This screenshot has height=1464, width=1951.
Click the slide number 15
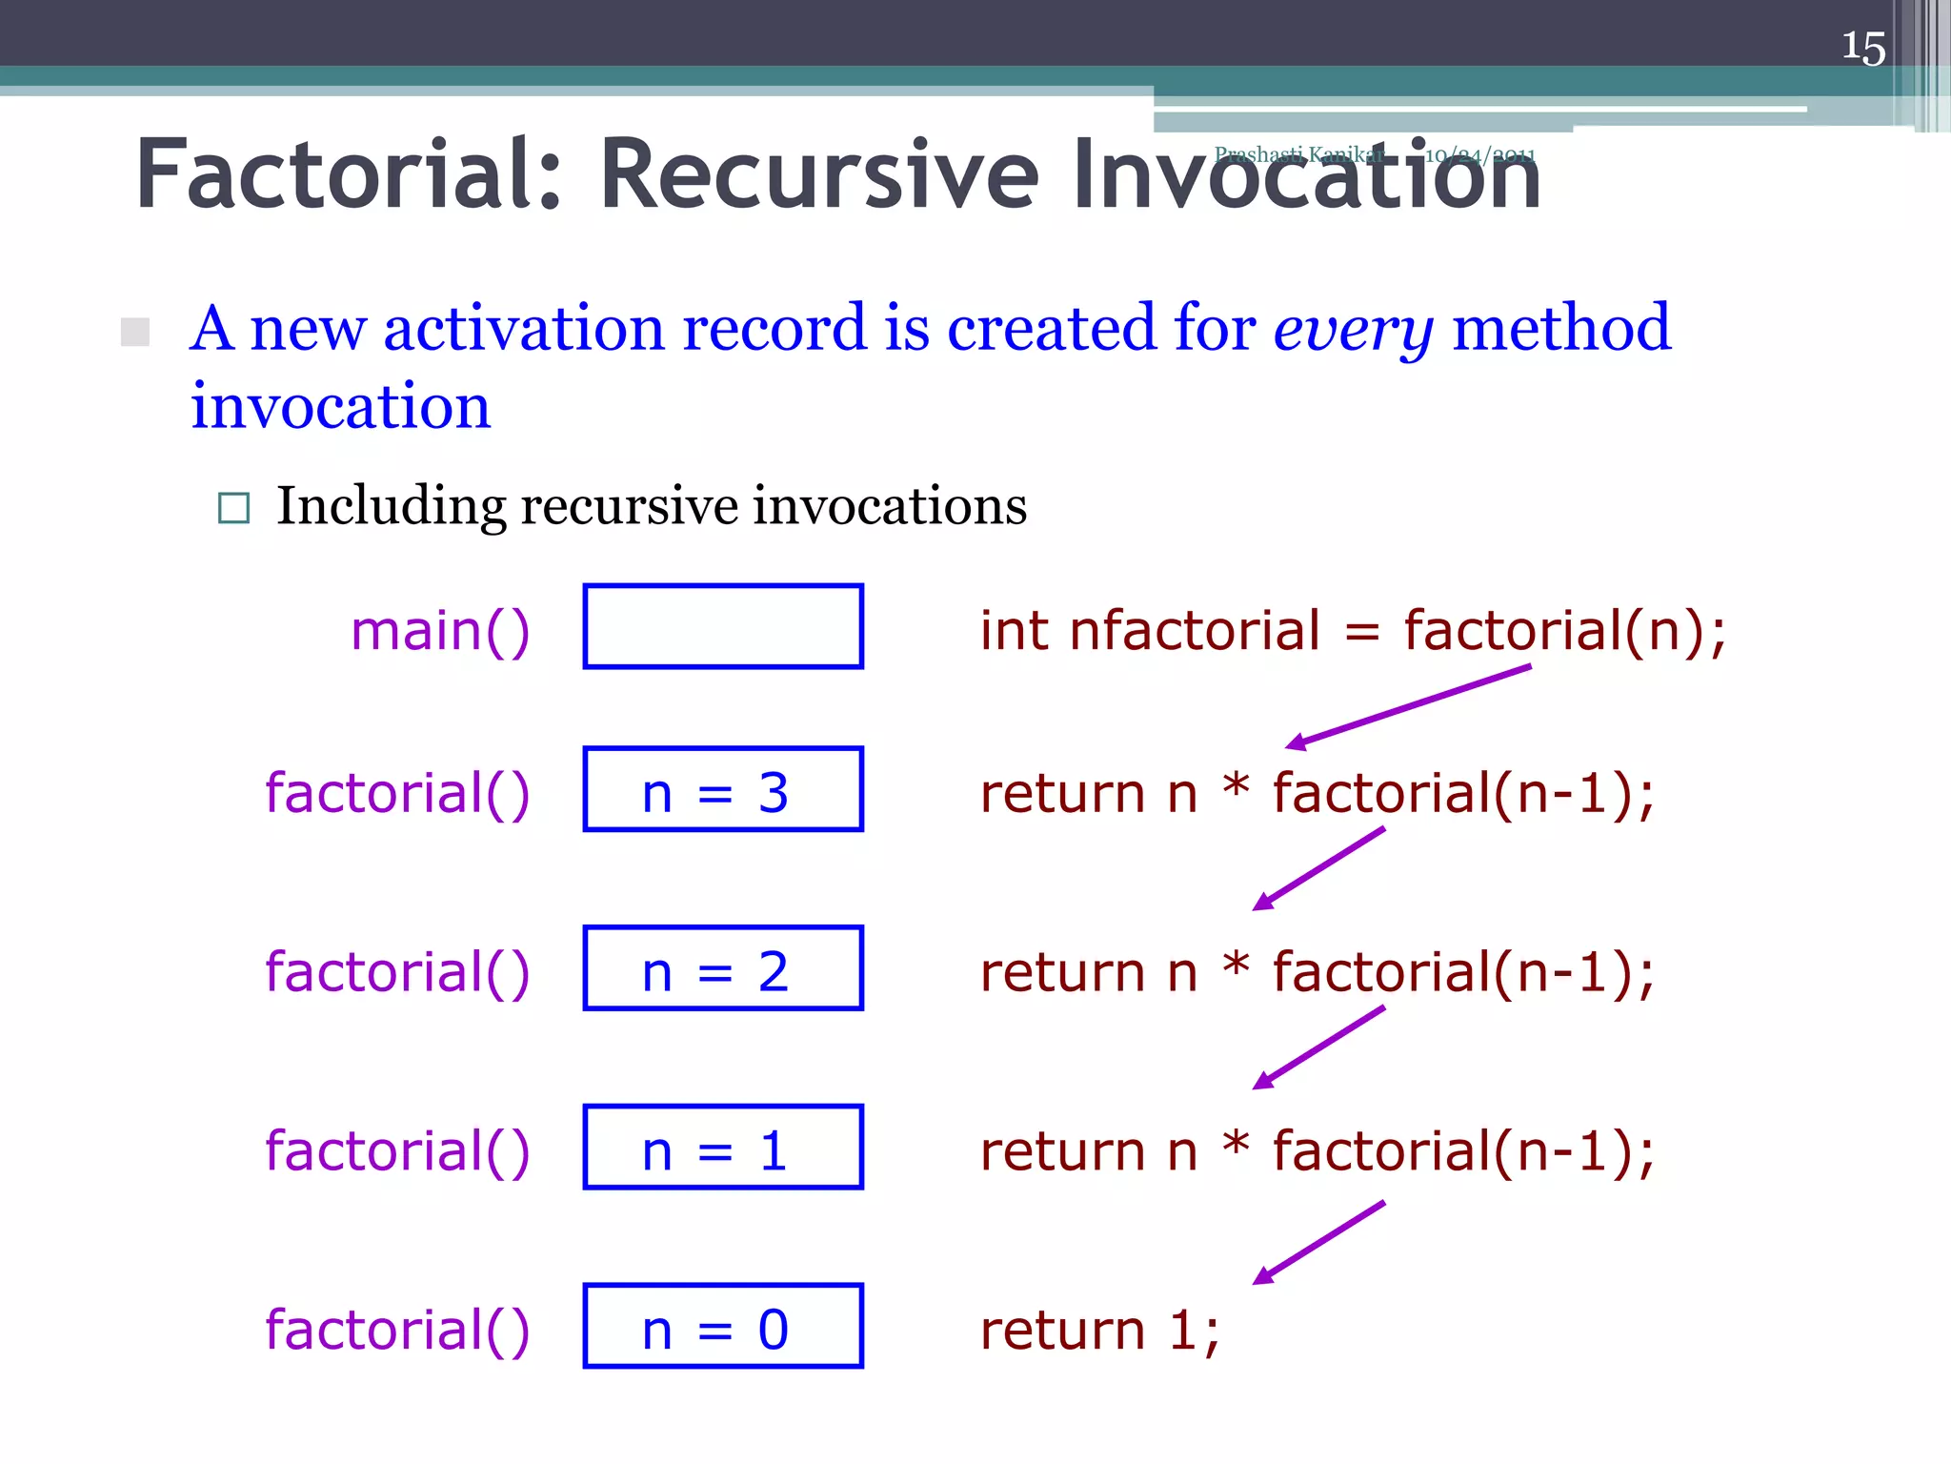[1862, 48]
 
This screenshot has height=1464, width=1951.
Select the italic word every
[1353, 329]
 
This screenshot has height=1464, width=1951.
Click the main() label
[440, 631]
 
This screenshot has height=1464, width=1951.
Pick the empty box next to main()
[723, 626]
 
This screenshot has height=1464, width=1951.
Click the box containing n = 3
[723, 790]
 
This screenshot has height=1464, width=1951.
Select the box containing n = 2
[723, 968]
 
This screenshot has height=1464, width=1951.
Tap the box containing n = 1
[723, 1147]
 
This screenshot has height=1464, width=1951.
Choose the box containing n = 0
[723, 1326]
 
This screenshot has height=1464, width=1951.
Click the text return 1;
[1099, 1330]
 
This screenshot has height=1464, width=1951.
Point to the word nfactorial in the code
[1195, 631]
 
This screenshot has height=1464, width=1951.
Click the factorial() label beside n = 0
[397, 1330]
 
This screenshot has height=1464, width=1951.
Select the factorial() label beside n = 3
[397, 793]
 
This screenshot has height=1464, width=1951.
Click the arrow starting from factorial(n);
[1408, 706]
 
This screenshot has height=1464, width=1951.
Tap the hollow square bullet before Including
[233, 508]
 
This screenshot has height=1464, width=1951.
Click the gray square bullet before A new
[135, 333]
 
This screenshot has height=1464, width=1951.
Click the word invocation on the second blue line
[340, 407]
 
